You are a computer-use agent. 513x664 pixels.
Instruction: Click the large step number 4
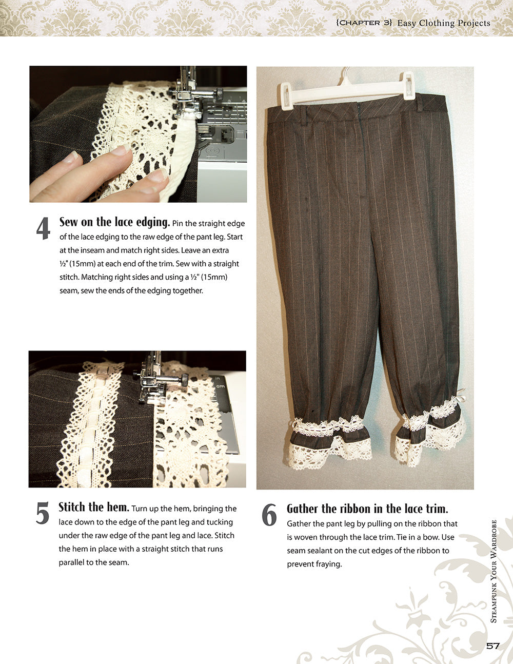click(43, 229)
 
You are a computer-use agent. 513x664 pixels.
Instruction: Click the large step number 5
click(43, 514)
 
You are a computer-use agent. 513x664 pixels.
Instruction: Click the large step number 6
click(269, 515)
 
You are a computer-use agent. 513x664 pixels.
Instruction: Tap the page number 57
click(492, 646)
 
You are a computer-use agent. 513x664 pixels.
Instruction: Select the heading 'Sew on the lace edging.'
click(114, 222)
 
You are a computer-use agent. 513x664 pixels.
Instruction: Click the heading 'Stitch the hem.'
click(93, 507)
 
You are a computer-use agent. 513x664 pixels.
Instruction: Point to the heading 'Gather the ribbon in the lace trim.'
click(367, 509)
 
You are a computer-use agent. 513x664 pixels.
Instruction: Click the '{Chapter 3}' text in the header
click(364, 23)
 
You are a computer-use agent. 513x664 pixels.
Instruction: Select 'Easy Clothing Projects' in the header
click(444, 23)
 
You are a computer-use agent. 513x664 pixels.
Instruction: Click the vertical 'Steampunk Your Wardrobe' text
click(494, 571)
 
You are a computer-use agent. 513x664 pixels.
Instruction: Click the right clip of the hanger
click(408, 86)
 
